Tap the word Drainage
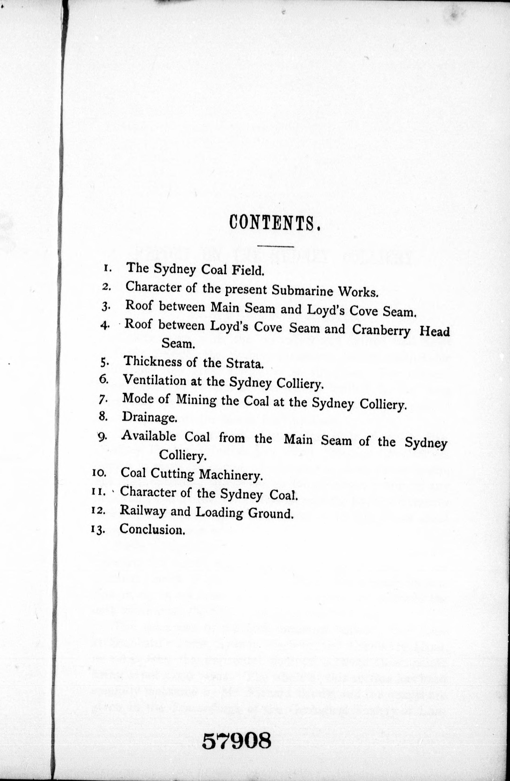(x=149, y=417)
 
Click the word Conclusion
(x=152, y=529)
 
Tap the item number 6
(x=103, y=380)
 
